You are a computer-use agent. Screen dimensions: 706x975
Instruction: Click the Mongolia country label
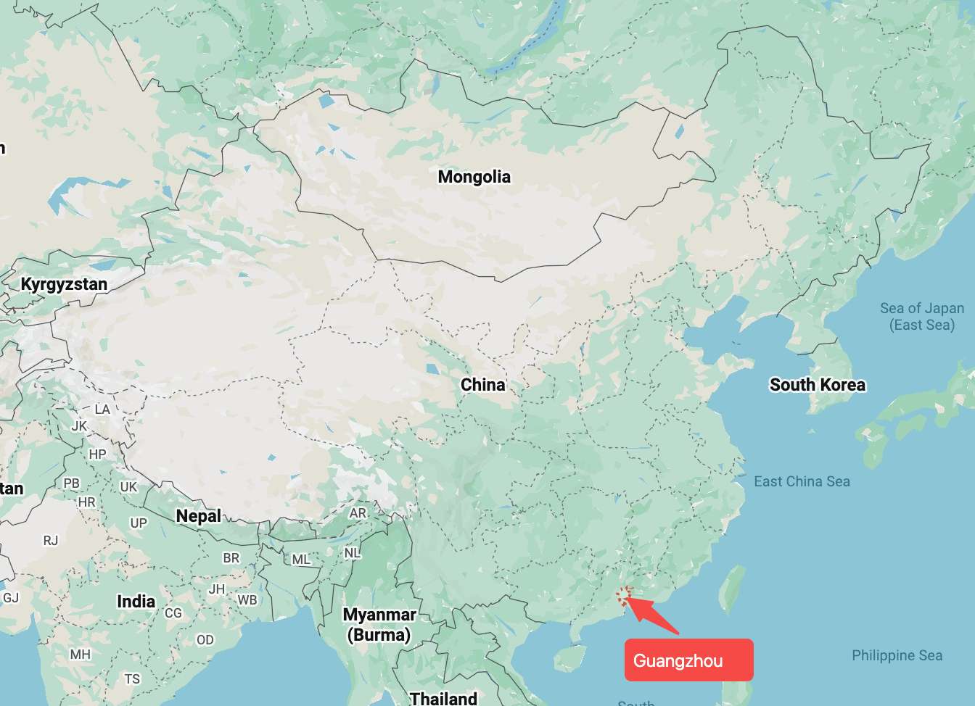coord(474,177)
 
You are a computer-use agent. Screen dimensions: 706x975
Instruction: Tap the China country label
coord(482,385)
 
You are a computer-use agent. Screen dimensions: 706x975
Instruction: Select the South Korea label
coord(817,385)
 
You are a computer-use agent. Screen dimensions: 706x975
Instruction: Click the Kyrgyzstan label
coord(64,284)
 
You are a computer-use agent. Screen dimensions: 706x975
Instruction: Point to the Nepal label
coord(198,516)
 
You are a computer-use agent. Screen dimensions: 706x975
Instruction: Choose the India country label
coord(136,602)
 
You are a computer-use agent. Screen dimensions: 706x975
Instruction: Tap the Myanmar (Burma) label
coord(379,624)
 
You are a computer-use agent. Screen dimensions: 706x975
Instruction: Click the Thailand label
coord(443,698)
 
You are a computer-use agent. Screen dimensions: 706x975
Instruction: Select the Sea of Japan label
coord(922,316)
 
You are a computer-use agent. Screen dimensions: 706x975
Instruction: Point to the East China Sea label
coord(802,481)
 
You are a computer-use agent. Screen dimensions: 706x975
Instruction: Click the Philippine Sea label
coord(897,655)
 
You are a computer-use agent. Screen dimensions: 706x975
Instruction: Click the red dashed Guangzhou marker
coord(624,596)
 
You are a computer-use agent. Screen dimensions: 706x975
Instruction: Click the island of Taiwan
coord(733,589)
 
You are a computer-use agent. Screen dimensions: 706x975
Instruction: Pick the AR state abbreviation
coord(358,513)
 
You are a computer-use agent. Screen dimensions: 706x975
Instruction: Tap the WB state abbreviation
coord(247,600)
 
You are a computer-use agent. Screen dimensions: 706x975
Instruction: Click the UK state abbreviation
coord(128,487)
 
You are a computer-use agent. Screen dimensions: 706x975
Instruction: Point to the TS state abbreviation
coord(132,679)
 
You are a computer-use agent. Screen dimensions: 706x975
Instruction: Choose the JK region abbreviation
coord(79,426)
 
